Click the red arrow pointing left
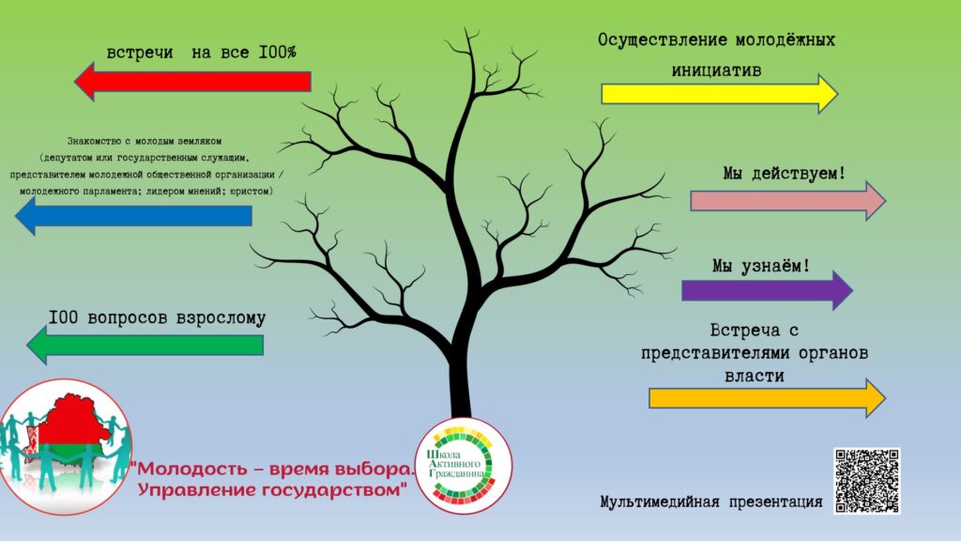click(192, 82)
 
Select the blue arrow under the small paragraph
click(133, 216)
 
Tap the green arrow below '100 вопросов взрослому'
click(145, 345)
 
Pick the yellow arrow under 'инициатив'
click(720, 94)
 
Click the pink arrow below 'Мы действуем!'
click(788, 201)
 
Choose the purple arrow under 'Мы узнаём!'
click(768, 290)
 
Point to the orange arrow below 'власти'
click(768, 398)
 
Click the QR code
click(866, 480)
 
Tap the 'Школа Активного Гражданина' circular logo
click(464, 466)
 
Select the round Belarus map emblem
click(65, 446)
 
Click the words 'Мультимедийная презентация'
click(711, 502)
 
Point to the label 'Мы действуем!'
click(784, 174)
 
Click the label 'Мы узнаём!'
click(761, 266)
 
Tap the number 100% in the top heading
click(277, 53)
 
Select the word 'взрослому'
click(221, 318)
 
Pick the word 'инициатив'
click(716, 70)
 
